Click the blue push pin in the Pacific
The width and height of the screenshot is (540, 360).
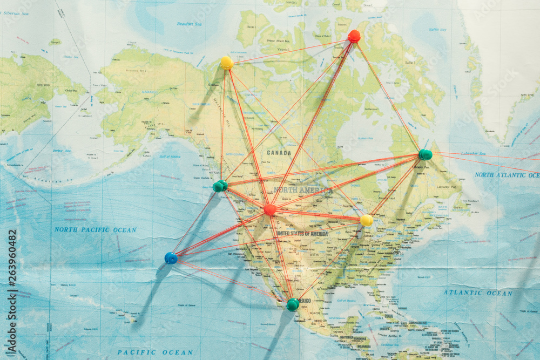tap(171, 258)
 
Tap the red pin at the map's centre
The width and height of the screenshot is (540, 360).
tap(270, 209)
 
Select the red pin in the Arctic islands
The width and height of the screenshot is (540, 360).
tap(354, 36)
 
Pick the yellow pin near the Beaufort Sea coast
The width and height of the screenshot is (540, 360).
tap(227, 63)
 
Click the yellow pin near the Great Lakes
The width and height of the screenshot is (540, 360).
tap(367, 220)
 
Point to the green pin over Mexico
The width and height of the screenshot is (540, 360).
tap(293, 304)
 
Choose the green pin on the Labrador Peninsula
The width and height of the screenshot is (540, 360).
tap(426, 155)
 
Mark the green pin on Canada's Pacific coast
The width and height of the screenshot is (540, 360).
tap(220, 186)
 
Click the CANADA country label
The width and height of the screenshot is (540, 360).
tap(279, 153)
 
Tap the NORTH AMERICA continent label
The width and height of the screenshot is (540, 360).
tap(303, 191)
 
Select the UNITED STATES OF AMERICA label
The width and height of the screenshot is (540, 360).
tap(302, 234)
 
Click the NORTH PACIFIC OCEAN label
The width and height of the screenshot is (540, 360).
tap(95, 229)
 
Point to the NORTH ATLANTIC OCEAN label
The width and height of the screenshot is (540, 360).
tap(507, 175)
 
